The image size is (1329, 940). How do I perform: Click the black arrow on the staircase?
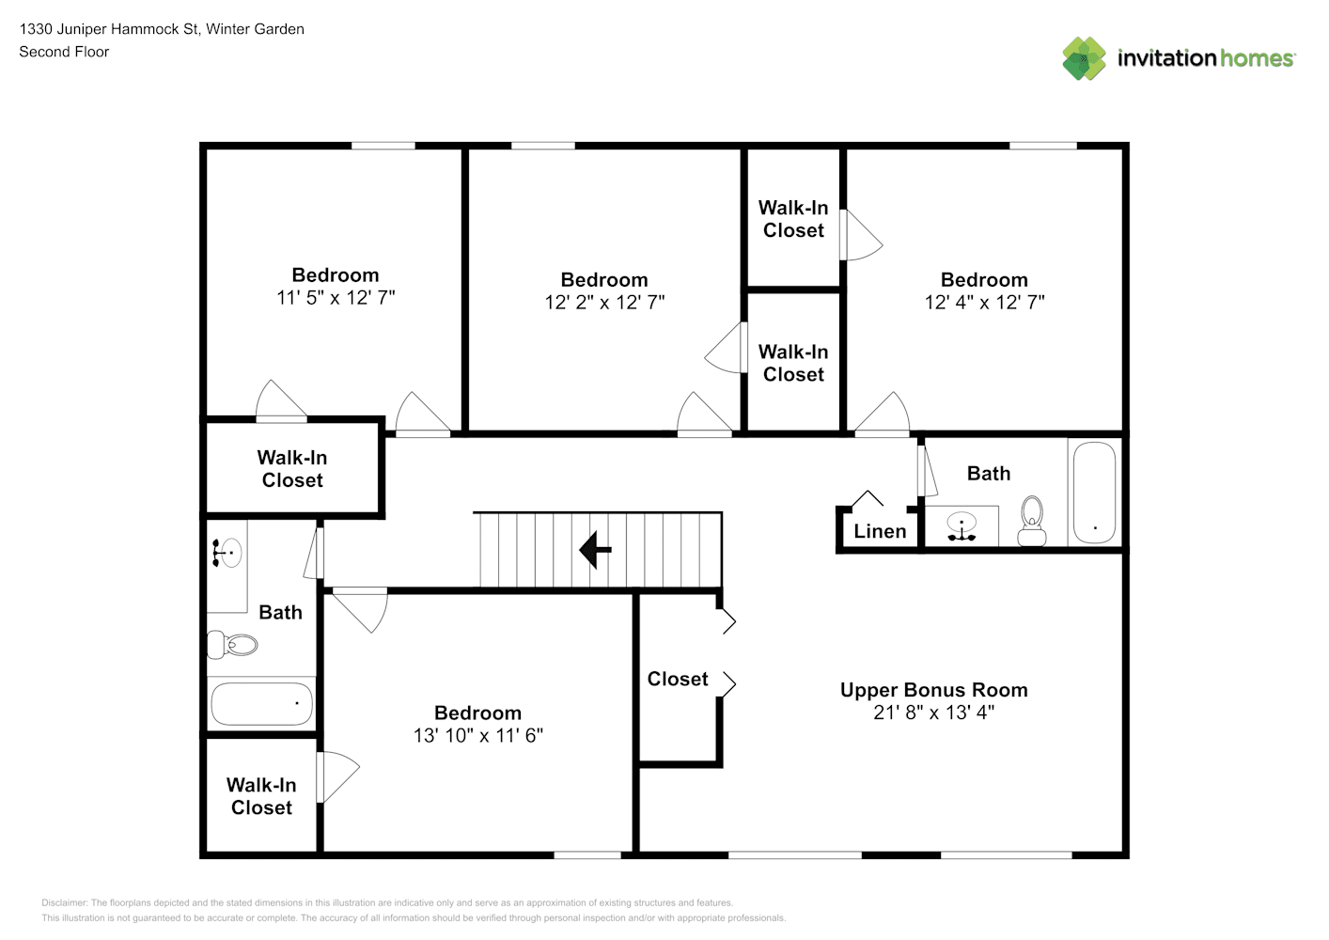click(595, 550)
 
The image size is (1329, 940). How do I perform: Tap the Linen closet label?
click(880, 531)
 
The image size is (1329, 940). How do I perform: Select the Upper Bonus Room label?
click(934, 690)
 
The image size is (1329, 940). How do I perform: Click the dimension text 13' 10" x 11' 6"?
click(478, 735)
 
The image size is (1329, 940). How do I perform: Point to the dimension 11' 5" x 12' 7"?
click(336, 297)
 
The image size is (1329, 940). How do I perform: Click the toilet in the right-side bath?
click(1032, 521)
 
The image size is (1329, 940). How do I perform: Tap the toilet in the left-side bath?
click(232, 645)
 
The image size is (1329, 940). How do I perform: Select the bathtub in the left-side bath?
click(261, 704)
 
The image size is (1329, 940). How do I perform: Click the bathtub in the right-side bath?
click(1095, 493)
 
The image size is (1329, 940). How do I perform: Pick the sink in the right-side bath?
click(962, 526)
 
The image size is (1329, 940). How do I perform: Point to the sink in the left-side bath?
click(227, 553)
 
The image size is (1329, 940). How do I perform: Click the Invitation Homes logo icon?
click(1084, 58)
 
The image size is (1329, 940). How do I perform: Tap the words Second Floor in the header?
click(64, 52)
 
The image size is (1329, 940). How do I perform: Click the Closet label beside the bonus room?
click(678, 679)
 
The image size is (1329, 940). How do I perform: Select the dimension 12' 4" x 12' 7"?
click(984, 302)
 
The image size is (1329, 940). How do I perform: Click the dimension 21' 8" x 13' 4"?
click(934, 713)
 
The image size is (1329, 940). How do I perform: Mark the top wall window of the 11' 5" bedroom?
click(383, 146)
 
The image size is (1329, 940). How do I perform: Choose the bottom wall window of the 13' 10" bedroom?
click(587, 855)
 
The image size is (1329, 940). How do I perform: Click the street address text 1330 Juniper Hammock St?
click(109, 29)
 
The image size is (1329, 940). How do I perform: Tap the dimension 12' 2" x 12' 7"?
click(604, 302)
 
